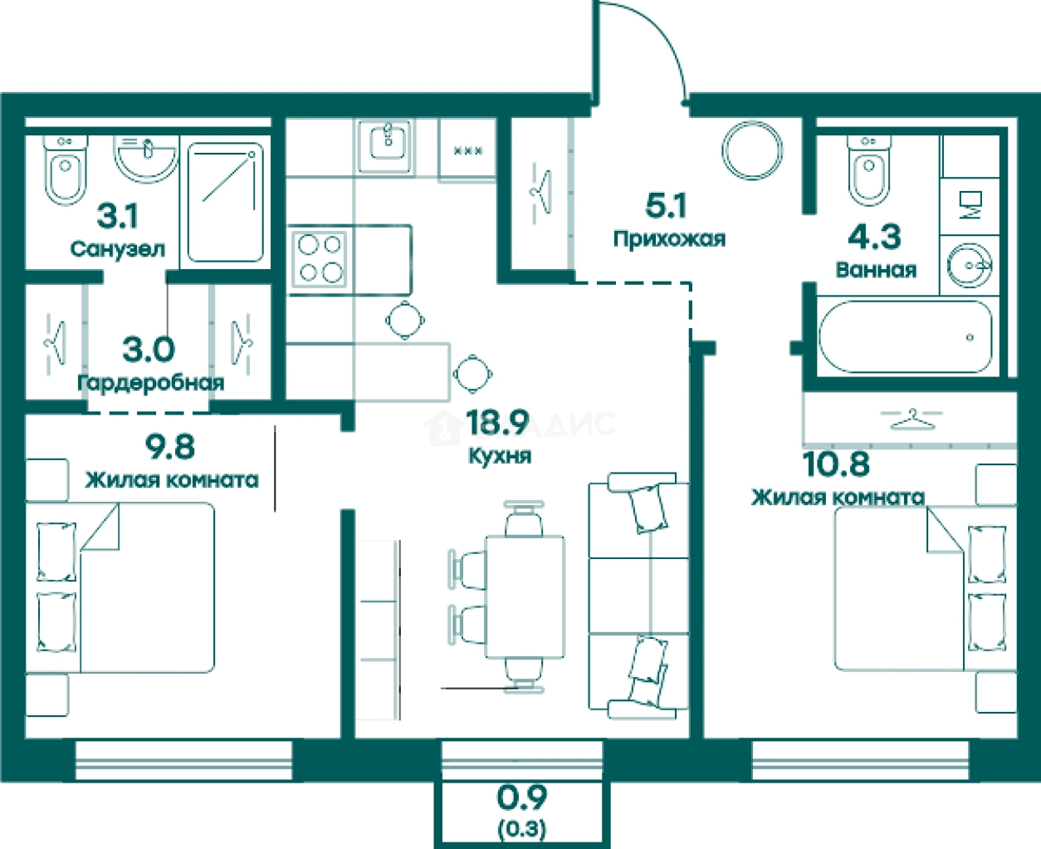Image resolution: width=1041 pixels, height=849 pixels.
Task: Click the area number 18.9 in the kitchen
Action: (497, 423)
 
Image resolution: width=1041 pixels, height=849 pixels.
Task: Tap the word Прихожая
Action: (669, 239)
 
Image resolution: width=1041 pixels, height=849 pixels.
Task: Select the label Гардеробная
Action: (150, 383)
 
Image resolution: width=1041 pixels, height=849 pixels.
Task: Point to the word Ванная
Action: (876, 270)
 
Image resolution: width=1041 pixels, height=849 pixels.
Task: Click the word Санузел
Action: (118, 249)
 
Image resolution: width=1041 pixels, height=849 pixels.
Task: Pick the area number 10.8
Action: (836, 464)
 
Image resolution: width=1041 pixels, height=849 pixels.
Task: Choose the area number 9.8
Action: (170, 447)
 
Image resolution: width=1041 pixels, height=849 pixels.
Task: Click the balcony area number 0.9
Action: (522, 798)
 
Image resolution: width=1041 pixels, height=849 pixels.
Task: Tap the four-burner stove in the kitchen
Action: (320, 259)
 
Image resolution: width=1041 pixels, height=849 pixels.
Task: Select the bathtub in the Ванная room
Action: (906, 336)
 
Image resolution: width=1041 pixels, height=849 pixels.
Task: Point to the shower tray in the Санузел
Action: (225, 202)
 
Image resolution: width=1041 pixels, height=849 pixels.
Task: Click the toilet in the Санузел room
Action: (66, 169)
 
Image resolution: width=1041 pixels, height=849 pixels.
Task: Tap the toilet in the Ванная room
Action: (869, 169)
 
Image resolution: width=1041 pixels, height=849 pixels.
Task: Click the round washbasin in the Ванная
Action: (969, 266)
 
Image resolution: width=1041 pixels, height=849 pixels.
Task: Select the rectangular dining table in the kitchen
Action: (525, 597)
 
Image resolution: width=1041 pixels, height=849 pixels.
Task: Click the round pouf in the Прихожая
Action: (753, 150)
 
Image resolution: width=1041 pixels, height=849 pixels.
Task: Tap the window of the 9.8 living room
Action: (183, 761)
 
